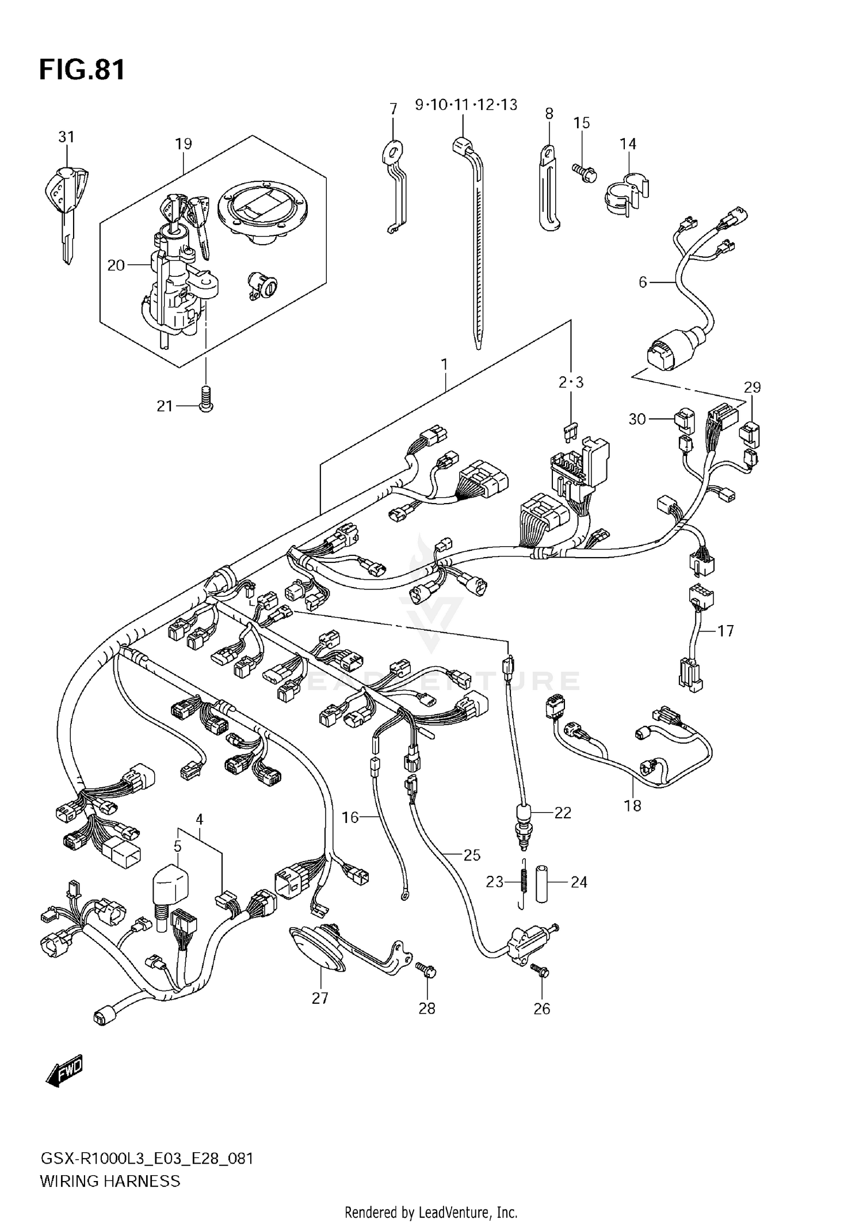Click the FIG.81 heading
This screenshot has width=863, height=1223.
[82, 70]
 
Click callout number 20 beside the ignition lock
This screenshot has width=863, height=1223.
[116, 265]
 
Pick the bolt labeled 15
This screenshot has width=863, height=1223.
[584, 172]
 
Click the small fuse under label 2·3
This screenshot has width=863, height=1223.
[571, 430]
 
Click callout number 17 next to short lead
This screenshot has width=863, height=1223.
[725, 631]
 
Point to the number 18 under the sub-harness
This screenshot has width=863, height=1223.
[632, 805]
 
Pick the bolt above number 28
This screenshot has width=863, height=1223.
[426, 971]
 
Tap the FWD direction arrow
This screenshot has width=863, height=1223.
[64, 1071]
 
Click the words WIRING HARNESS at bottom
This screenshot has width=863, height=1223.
[110, 1182]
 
